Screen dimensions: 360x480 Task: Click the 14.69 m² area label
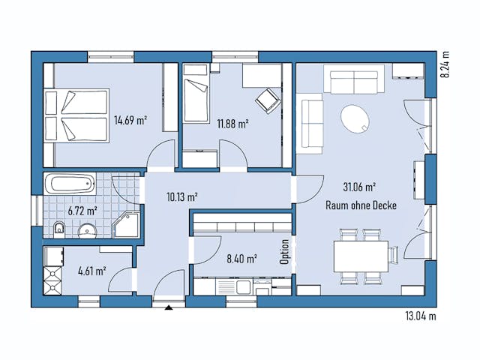[129, 119]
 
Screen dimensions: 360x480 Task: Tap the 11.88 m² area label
[232, 124]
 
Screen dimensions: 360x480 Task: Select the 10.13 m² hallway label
[181, 197]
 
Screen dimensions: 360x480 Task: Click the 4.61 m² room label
[91, 271]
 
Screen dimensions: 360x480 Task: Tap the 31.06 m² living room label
[360, 187]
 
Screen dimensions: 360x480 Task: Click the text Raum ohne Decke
[360, 205]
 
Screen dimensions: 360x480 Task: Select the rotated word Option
[284, 252]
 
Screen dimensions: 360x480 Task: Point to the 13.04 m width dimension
[419, 316]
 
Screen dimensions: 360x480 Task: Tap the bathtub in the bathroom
[70, 184]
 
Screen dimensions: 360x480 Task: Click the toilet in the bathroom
[60, 228]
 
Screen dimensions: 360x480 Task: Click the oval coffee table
[355, 118]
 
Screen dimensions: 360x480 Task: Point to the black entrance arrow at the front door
[169, 307]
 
